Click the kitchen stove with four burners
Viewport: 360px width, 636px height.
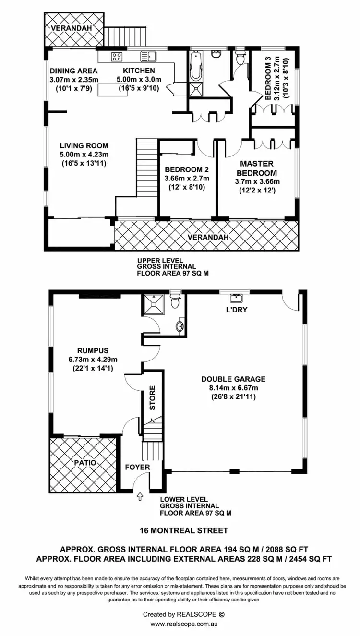117,57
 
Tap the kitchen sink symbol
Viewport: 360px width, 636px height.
148,57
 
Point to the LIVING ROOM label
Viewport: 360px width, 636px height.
84,145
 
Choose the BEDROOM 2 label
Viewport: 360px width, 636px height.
187,169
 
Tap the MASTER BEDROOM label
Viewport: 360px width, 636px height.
258,168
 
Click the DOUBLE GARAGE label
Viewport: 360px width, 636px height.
233,379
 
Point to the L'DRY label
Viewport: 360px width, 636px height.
236,310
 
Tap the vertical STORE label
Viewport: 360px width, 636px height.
153,398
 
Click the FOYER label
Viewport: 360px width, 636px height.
137,467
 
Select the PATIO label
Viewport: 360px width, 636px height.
85,463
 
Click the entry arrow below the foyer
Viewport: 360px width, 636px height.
140,496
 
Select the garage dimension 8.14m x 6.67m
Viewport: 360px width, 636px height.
233,388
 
